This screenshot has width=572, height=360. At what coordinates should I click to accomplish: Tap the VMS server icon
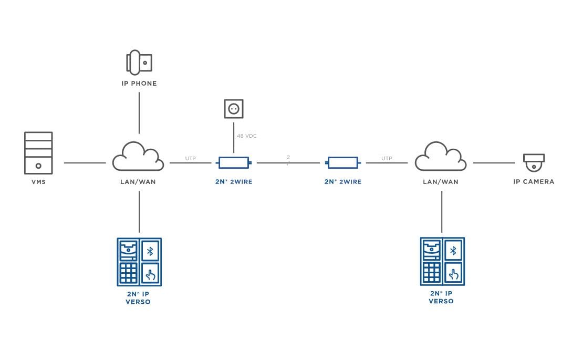click(x=38, y=153)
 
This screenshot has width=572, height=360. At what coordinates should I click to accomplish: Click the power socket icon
click(x=233, y=109)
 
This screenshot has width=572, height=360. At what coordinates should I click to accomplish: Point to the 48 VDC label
click(x=247, y=136)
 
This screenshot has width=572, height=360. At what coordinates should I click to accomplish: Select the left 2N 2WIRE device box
click(x=234, y=163)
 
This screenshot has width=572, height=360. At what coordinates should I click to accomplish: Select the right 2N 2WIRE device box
click(x=342, y=163)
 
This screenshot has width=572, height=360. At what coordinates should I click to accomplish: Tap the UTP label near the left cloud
click(x=190, y=158)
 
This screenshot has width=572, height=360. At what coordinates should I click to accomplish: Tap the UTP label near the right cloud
click(x=387, y=158)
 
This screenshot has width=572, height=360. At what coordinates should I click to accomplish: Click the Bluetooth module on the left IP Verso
click(x=150, y=251)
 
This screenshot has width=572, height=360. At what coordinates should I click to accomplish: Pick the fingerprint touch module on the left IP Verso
click(x=150, y=274)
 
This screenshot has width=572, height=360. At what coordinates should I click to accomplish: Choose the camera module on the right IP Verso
click(x=432, y=250)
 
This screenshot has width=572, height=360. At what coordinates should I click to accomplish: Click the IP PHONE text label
click(x=139, y=84)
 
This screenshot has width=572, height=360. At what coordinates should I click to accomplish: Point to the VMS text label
click(x=38, y=182)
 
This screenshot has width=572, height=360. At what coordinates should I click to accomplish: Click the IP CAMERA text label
click(x=534, y=182)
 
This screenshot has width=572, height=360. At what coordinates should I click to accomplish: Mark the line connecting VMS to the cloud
click(x=85, y=163)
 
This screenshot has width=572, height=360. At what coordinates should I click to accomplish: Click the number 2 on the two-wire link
click(x=288, y=157)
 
